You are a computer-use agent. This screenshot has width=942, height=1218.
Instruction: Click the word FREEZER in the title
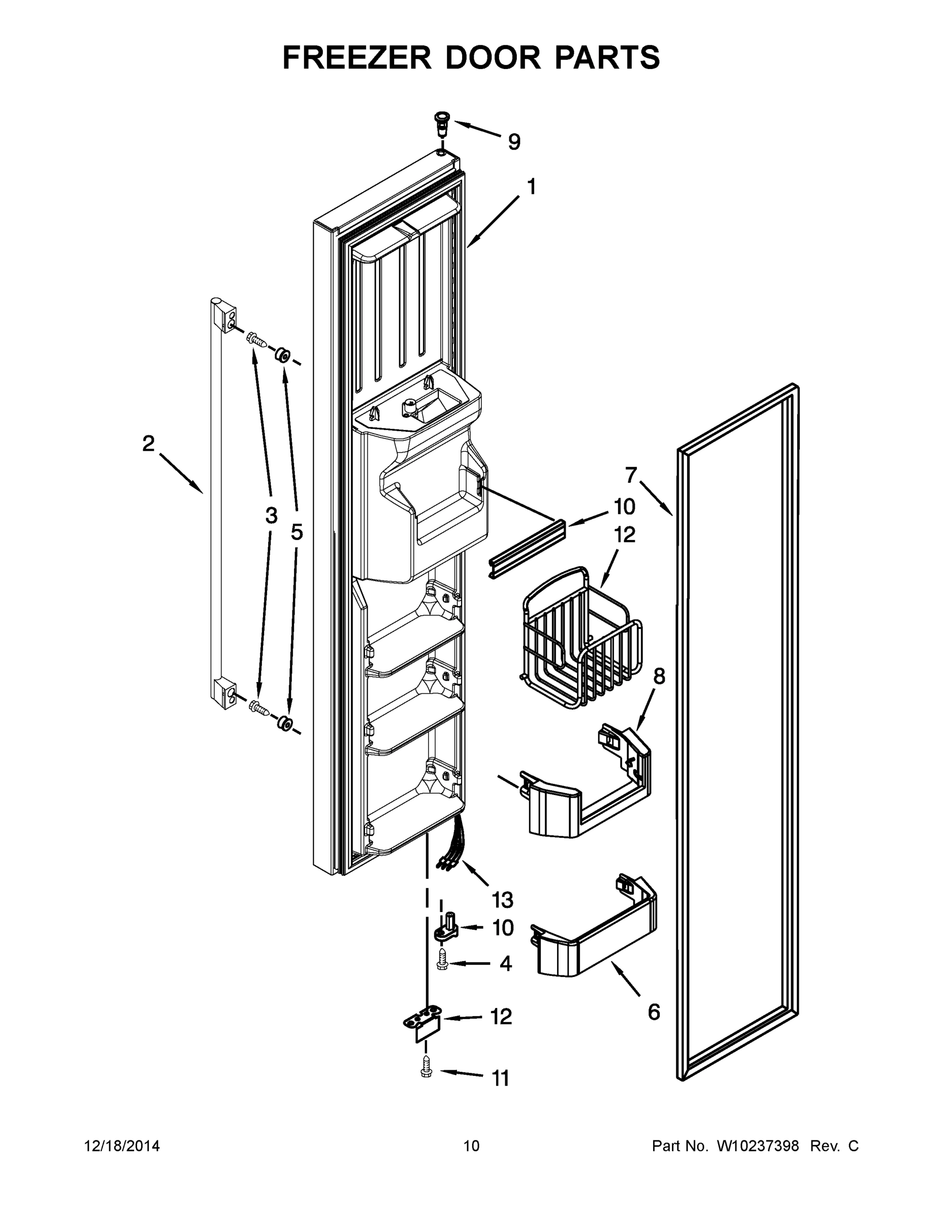357,58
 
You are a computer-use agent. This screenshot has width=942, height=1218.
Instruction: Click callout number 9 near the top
513,142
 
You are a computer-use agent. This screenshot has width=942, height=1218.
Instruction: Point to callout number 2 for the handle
148,444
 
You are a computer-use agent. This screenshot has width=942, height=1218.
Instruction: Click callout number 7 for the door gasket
630,475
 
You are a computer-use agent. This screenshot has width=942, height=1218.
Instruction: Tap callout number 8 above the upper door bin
659,676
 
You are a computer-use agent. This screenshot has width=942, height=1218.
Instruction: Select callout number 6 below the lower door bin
654,1011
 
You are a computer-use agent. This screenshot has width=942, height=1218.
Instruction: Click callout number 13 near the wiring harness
502,900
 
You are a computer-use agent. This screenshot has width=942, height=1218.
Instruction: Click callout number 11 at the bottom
500,1078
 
